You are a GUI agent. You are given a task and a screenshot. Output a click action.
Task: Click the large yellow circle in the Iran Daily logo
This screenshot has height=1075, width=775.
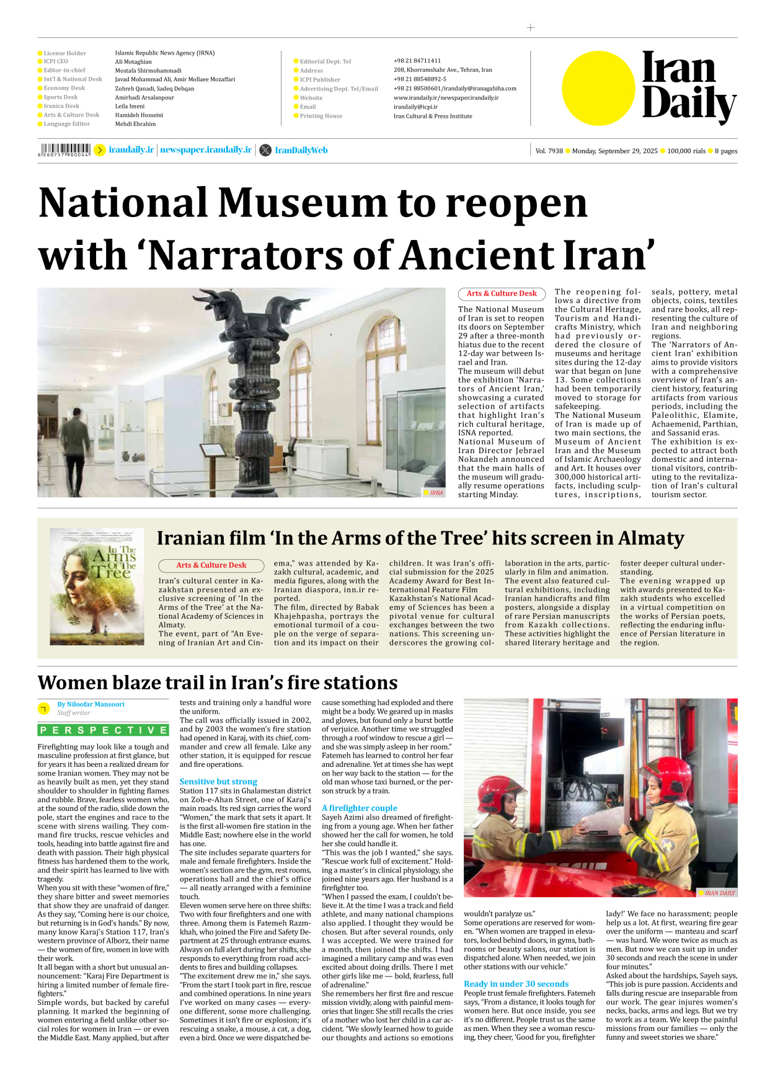click(598, 88)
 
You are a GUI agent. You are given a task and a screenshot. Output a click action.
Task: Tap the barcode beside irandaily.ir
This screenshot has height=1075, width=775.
click(64, 149)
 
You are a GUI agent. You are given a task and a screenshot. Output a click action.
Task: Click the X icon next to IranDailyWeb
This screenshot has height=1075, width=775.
click(265, 150)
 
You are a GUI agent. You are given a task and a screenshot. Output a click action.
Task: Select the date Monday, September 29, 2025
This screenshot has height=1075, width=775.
click(614, 151)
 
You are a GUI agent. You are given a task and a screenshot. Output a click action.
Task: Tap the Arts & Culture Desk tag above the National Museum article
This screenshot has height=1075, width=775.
click(502, 294)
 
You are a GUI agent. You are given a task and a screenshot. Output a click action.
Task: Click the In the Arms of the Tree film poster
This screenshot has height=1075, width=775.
click(97, 586)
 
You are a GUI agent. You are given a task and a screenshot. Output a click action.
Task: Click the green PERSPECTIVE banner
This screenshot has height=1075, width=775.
click(103, 730)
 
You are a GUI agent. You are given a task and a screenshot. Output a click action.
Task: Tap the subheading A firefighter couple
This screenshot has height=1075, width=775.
click(360, 808)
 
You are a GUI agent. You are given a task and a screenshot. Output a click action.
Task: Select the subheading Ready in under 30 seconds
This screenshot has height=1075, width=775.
click(516, 984)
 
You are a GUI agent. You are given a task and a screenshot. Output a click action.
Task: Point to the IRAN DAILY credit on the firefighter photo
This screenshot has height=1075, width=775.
click(719, 893)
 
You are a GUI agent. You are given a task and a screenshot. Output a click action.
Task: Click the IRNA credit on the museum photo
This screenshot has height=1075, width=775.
click(436, 493)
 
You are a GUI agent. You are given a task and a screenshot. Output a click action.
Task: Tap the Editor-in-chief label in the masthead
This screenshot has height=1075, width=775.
click(64, 70)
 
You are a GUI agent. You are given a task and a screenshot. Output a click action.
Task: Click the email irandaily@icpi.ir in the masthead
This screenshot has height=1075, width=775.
click(415, 107)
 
